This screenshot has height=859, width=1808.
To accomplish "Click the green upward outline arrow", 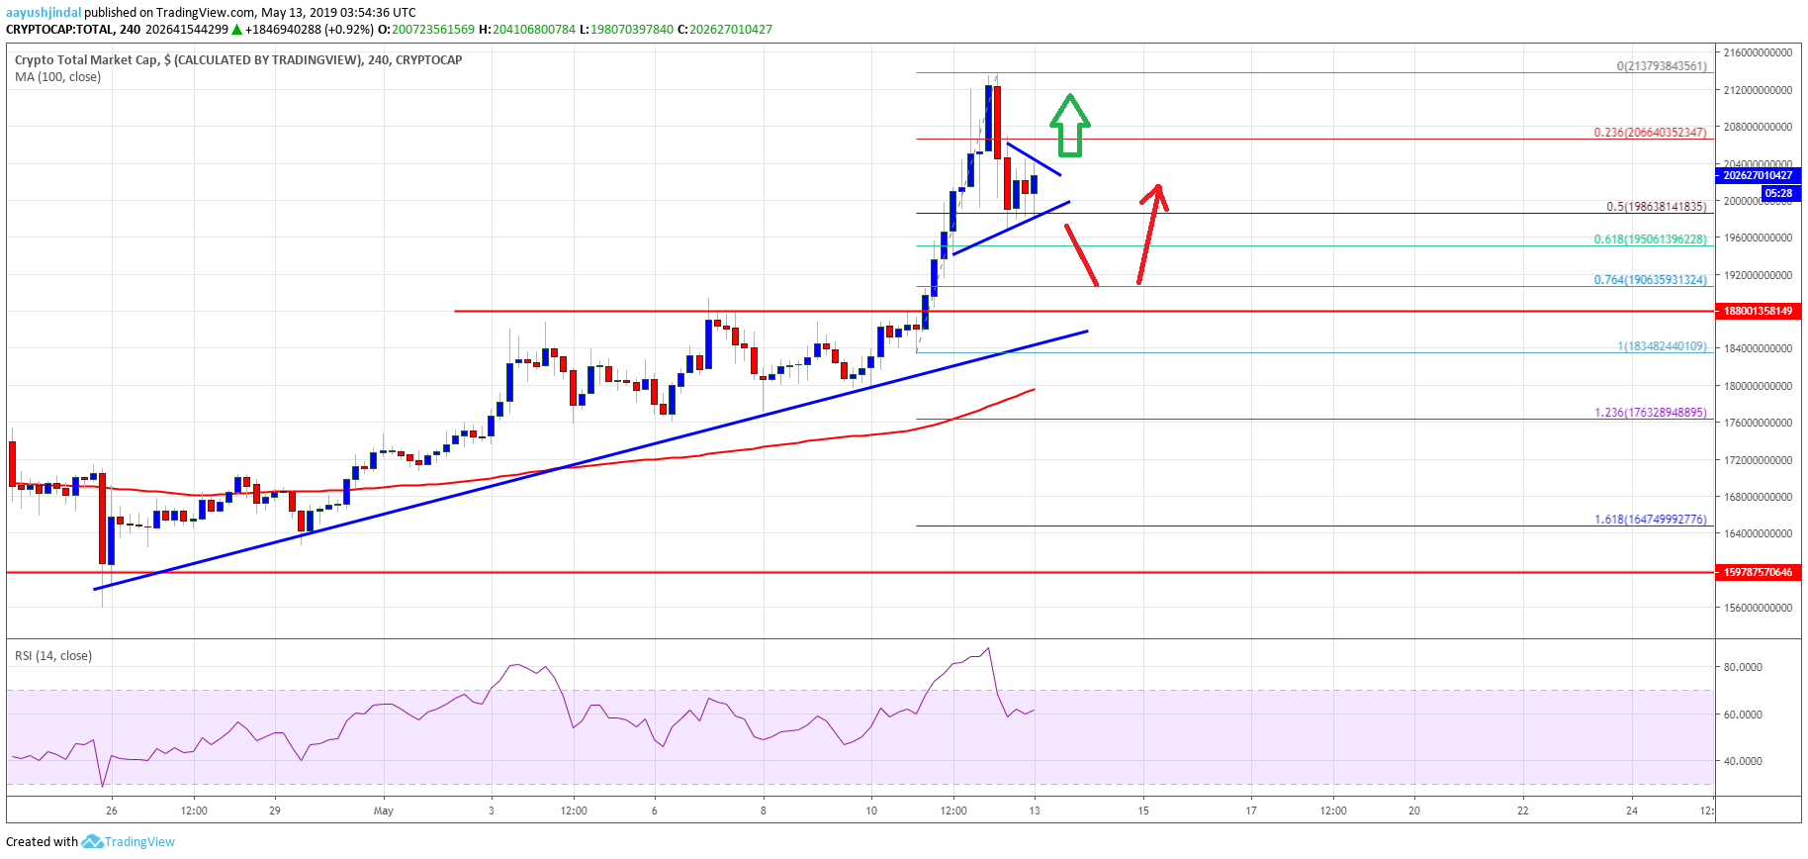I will pyautogui.click(x=1069, y=126).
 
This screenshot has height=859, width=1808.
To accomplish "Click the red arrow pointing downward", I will pyautogui.click(x=1081, y=255).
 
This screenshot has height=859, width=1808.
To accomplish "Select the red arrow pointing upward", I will pyautogui.click(x=1151, y=234).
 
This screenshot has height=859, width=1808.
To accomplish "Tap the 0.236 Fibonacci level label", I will pyautogui.click(x=1649, y=132).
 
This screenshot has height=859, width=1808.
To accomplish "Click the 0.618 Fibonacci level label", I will pyautogui.click(x=1649, y=239).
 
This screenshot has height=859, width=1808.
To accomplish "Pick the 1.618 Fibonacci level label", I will pyautogui.click(x=1649, y=519).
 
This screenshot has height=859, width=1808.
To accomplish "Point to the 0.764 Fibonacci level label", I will pyautogui.click(x=1649, y=280).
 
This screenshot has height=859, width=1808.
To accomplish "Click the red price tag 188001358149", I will pyautogui.click(x=1757, y=311).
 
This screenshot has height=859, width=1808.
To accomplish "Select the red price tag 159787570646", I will pyautogui.click(x=1757, y=572).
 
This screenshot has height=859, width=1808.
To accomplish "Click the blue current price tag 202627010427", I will pyautogui.click(x=1757, y=175).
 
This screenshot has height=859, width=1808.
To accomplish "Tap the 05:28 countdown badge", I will pyautogui.click(x=1777, y=193).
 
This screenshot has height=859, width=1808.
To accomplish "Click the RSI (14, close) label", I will pyautogui.click(x=53, y=655).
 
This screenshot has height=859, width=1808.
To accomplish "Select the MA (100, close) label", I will pyautogui.click(x=57, y=76).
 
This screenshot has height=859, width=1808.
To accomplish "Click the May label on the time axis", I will pyautogui.click(x=384, y=811).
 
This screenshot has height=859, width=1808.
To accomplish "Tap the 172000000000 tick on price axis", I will pyautogui.click(x=1757, y=460).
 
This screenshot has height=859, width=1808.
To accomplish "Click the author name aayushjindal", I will pyautogui.click(x=44, y=12).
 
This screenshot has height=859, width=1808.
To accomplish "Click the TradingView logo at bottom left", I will pyautogui.click(x=129, y=841).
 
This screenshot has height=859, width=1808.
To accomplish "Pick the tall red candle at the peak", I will pyautogui.click(x=997, y=122).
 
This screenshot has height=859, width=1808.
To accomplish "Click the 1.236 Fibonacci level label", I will pyautogui.click(x=1649, y=413).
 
